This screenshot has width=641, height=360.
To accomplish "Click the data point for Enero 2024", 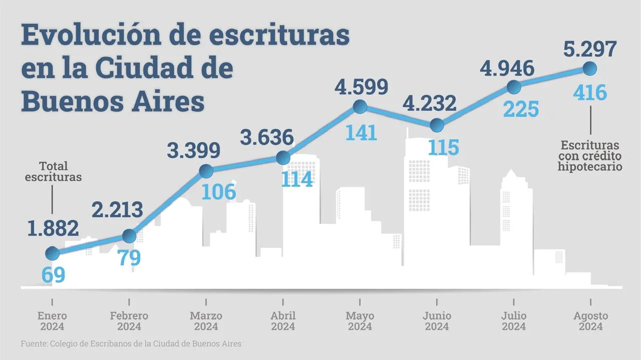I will (x=52, y=253).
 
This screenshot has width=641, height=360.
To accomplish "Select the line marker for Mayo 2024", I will (x=360, y=107).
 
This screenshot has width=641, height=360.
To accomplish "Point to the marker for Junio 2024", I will (x=437, y=125).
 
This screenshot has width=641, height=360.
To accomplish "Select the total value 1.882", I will (x=53, y=228).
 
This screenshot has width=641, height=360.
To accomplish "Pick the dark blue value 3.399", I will (x=194, y=150).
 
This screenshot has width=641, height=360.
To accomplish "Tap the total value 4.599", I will (x=362, y=87).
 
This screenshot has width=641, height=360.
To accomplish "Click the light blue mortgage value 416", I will (x=589, y=93).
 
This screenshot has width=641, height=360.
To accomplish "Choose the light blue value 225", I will (x=521, y=109).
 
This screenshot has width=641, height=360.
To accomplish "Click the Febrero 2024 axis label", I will (x=129, y=321).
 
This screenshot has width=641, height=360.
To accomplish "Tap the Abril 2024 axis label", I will (x=283, y=321).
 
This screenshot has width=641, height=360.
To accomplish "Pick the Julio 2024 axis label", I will (x=514, y=321).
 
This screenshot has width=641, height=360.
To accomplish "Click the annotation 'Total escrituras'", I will (x=53, y=171).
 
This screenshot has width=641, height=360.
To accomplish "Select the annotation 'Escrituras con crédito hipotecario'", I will (x=590, y=156).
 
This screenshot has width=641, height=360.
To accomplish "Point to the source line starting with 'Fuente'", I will (x=131, y=344).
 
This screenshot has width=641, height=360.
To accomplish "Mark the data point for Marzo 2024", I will (x=206, y=171).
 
